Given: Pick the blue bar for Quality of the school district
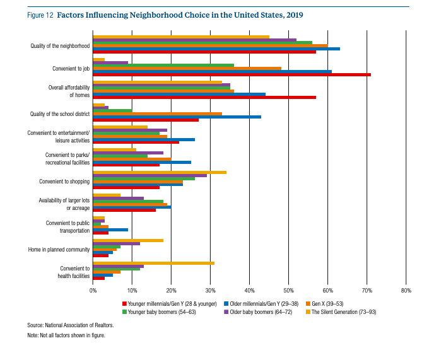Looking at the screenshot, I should (177, 117).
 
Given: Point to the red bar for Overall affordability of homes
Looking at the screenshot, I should (204, 96).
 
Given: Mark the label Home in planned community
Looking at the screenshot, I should (60, 250).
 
